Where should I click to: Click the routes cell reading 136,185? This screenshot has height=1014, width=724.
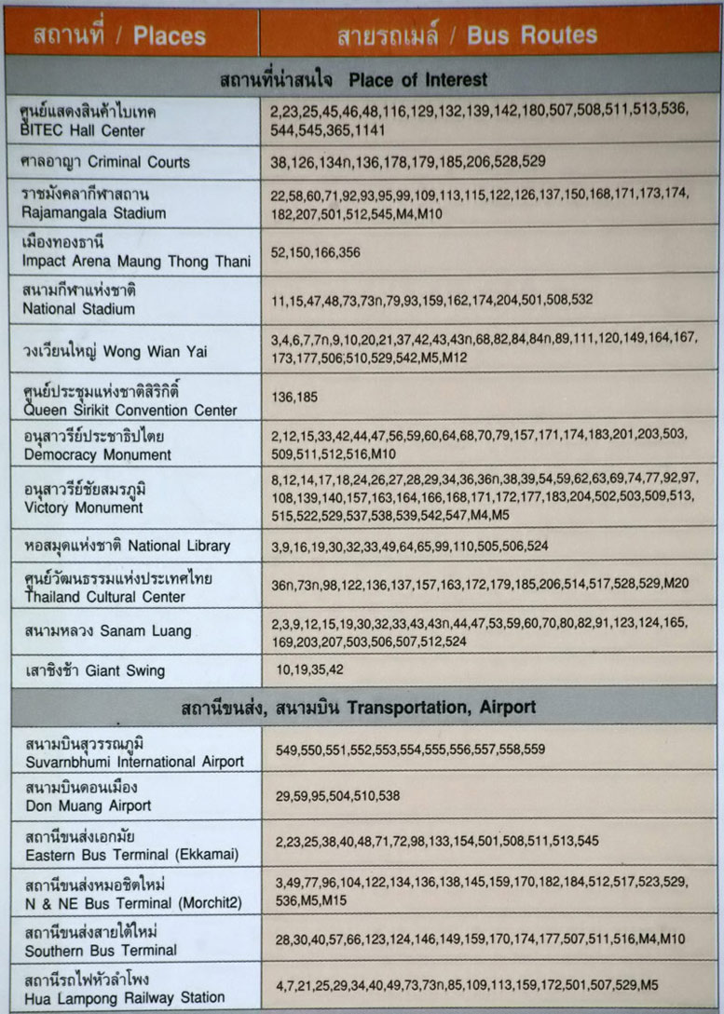(294, 398)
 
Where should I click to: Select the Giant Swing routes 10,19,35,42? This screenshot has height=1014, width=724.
(309, 669)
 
